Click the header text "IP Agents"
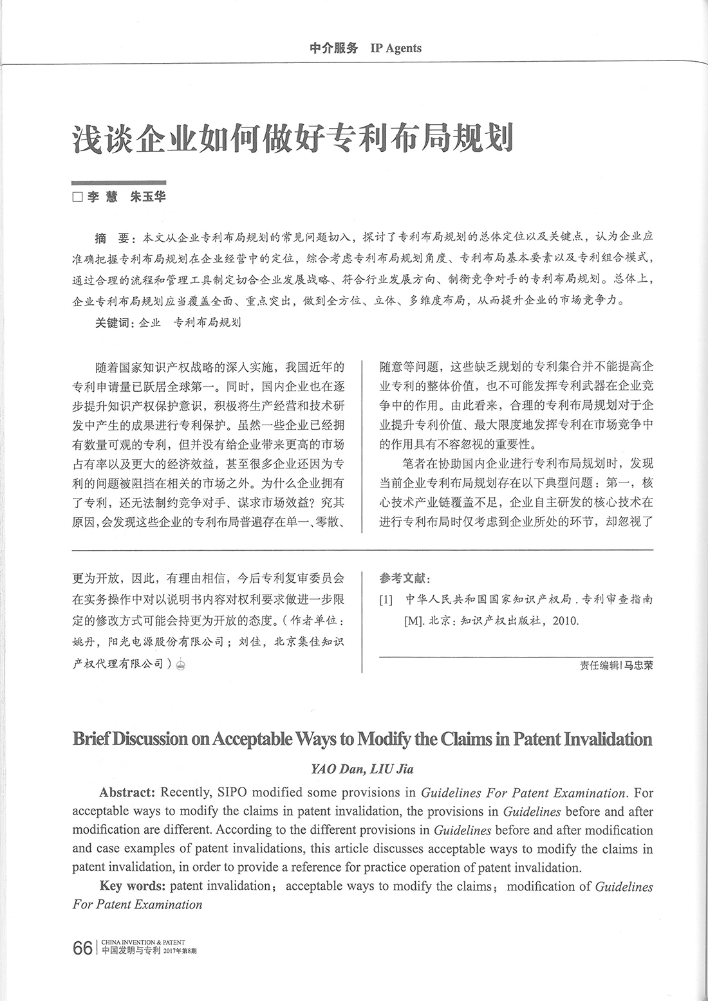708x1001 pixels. click(x=396, y=48)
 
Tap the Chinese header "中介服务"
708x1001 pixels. click(x=333, y=48)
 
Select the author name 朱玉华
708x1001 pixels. click(x=148, y=197)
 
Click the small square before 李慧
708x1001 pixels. click(x=77, y=197)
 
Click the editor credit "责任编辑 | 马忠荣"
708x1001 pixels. click(x=616, y=666)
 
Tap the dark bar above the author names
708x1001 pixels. click(x=119, y=183)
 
